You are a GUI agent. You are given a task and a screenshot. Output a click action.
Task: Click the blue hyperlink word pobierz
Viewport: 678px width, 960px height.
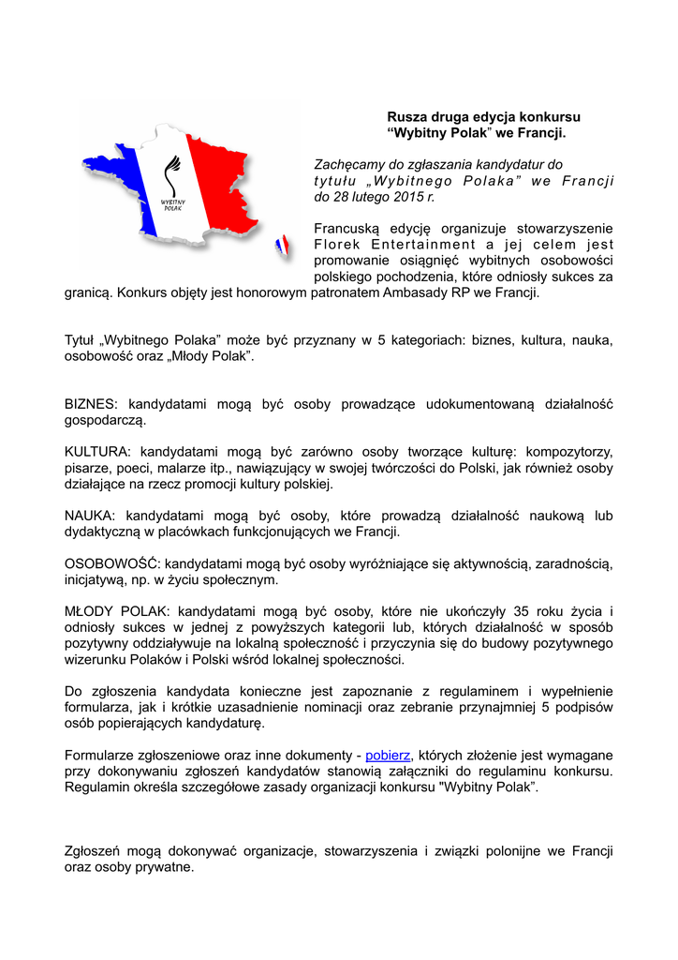pos(388,755)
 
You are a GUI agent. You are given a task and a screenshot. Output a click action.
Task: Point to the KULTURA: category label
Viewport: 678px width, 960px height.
pos(99,452)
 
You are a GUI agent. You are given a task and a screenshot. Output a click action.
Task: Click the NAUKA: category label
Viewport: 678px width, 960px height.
pos(92,516)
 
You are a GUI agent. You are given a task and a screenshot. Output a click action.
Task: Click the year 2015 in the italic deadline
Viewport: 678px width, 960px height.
pos(395,197)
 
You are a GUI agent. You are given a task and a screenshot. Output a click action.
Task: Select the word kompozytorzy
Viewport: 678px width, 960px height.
pos(568,452)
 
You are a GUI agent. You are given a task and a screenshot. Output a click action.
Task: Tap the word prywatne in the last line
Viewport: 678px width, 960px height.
pos(160,867)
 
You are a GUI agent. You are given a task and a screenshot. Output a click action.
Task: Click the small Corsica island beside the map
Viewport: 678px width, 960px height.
pos(282,247)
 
